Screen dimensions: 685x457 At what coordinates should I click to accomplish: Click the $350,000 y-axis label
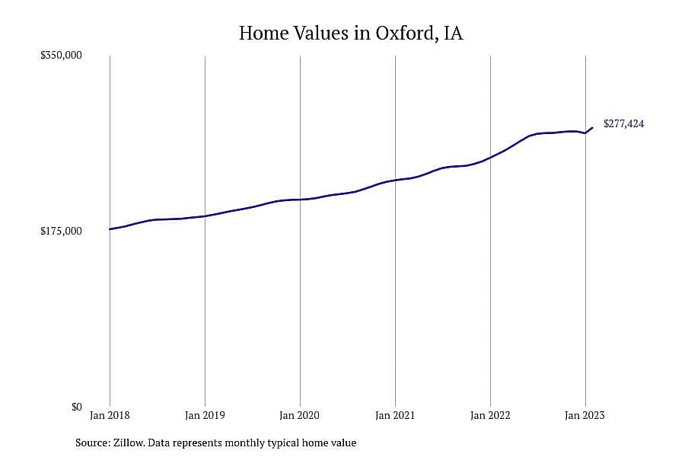click(x=61, y=55)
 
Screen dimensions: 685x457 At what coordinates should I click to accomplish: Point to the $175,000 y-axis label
click(x=61, y=231)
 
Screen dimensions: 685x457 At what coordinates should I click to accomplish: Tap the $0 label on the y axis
click(x=76, y=407)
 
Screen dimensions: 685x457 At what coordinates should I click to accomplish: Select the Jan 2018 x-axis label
click(x=110, y=415)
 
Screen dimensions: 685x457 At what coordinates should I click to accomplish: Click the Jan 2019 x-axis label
click(x=205, y=415)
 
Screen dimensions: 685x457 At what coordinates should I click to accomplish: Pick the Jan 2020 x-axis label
click(x=300, y=415)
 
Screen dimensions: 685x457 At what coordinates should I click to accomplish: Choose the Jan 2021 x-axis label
click(x=395, y=415)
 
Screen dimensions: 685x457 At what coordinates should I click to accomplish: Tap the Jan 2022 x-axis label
click(x=490, y=415)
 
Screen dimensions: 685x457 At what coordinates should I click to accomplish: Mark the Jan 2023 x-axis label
click(x=585, y=415)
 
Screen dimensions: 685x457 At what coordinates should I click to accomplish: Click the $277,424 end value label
click(x=624, y=123)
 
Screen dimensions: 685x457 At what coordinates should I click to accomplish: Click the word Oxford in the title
click(x=407, y=34)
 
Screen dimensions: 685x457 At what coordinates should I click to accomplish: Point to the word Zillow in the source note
click(x=129, y=443)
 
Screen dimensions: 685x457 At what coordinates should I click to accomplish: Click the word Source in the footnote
click(x=93, y=443)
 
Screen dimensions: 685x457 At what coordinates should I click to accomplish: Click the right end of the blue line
click(x=592, y=128)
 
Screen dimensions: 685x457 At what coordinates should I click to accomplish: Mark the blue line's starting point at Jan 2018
click(x=110, y=229)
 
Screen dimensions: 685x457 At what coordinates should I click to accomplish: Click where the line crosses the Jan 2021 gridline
click(x=395, y=181)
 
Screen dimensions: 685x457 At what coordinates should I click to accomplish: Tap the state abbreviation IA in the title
click(x=454, y=34)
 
